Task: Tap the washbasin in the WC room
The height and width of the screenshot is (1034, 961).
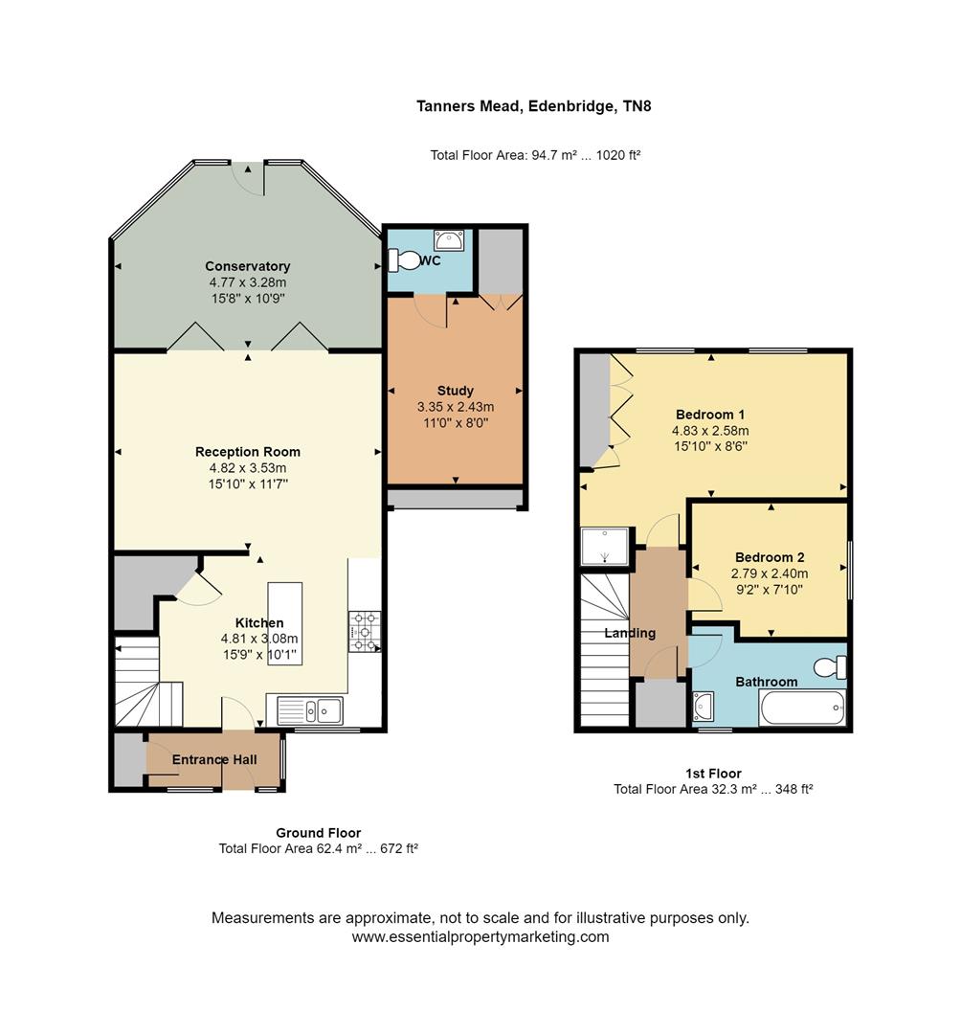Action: pyautogui.click(x=448, y=238)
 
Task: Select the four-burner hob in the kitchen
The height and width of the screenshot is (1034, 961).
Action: pyautogui.click(x=364, y=632)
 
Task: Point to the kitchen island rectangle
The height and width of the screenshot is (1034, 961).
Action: pyautogui.click(x=285, y=624)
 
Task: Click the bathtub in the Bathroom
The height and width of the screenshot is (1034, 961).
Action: pyautogui.click(x=802, y=708)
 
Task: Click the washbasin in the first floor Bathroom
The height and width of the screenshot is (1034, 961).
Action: pyautogui.click(x=704, y=707)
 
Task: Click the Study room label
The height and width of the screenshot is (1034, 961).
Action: pyautogui.click(x=455, y=391)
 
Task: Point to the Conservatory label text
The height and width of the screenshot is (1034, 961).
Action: pyautogui.click(x=247, y=266)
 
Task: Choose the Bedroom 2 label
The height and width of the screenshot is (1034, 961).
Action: pyautogui.click(x=770, y=557)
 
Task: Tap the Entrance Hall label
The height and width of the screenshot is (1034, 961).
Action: pyautogui.click(x=214, y=760)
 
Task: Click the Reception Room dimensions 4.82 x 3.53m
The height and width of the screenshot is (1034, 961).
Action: pyautogui.click(x=247, y=468)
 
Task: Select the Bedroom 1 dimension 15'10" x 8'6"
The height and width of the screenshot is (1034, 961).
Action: pyautogui.click(x=710, y=446)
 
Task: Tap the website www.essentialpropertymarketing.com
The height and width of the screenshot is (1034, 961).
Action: pyautogui.click(x=480, y=937)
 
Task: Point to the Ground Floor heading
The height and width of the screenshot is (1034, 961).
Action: pyautogui.click(x=318, y=833)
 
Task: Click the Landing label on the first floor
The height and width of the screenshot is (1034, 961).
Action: pyautogui.click(x=630, y=633)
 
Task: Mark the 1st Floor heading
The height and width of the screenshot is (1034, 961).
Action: pyautogui.click(x=713, y=774)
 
